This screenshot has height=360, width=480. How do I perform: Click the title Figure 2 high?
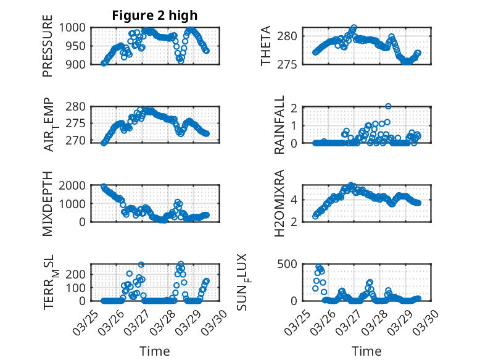pos(155,15)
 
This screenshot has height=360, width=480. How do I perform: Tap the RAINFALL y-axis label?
pos(279,125)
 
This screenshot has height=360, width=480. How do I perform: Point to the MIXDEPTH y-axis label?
pos(48,203)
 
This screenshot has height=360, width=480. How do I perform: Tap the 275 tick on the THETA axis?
pos(292,64)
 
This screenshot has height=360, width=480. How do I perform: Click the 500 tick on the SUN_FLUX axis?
pos(292,264)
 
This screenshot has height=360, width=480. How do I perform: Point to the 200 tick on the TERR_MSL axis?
pos(81,274)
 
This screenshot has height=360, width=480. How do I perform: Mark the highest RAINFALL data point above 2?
pos(388,106)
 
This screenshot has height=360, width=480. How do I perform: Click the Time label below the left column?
pos(155,351)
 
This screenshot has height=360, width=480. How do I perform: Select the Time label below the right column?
pos(366,351)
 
